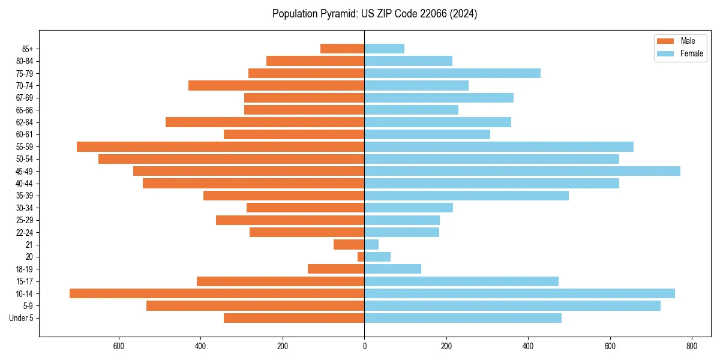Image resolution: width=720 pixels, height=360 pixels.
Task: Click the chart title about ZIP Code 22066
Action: tap(374, 14)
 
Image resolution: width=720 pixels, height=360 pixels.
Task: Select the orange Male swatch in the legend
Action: tap(665, 41)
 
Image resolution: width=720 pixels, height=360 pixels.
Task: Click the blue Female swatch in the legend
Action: tap(665, 53)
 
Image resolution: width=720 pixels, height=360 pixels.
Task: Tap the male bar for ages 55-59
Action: tap(220, 147)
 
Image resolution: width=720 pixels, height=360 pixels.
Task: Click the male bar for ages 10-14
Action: tap(217, 293)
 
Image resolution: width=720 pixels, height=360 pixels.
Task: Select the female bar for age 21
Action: tap(371, 245)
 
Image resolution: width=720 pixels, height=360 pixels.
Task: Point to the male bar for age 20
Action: tap(361, 257)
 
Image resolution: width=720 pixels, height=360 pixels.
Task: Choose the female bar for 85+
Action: tap(384, 49)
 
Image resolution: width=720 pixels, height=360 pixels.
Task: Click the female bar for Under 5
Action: tap(463, 318)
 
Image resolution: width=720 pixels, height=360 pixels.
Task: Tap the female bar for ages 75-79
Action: tap(452, 73)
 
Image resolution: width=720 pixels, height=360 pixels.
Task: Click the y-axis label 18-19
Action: tap(25, 269)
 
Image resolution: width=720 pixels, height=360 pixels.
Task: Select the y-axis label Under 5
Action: tap(21, 318)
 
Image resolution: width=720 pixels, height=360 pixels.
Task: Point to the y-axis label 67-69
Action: tap(25, 98)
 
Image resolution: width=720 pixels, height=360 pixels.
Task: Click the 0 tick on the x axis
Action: tap(364, 346)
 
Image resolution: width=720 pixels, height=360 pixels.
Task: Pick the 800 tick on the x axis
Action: tap(692, 346)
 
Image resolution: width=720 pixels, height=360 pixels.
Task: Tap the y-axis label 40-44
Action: tap(25, 184)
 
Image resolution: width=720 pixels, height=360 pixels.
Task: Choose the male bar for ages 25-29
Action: tap(290, 220)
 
